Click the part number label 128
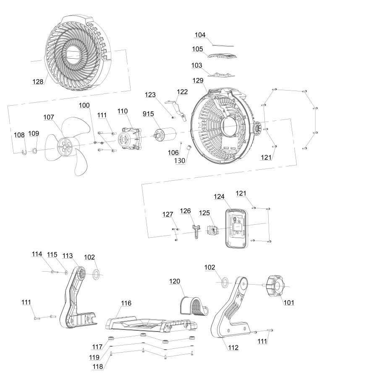38,81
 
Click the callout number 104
200,36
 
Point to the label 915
149,114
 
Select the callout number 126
186,210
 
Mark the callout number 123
151,95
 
